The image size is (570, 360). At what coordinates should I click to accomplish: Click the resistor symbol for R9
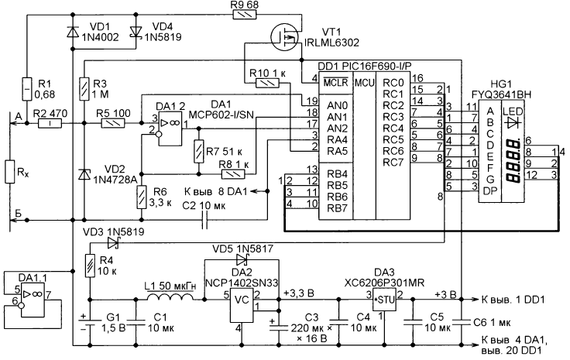[244, 15]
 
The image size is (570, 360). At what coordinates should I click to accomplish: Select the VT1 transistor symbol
[285, 37]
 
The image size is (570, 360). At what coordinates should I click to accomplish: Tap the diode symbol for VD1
[73, 33]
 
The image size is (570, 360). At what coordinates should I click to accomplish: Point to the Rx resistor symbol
[10, 171]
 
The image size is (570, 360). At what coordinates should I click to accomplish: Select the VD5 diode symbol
[242, 259]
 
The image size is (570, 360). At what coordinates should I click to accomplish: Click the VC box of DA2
[242, 306]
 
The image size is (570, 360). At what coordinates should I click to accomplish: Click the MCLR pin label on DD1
[336, 83]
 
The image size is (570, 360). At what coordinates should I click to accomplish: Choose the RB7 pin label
[337, 208]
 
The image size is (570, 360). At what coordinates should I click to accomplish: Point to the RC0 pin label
[393, 83]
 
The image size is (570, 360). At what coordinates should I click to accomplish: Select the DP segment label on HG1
[489, 190]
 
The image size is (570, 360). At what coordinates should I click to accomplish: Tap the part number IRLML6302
[331, 43]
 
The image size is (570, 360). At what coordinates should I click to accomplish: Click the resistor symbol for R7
[199, 151]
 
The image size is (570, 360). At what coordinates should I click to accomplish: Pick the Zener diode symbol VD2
[84, 174]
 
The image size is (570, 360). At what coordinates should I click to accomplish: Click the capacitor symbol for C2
[204, 220]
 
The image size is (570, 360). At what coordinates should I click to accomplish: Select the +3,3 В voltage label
[298, 293]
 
